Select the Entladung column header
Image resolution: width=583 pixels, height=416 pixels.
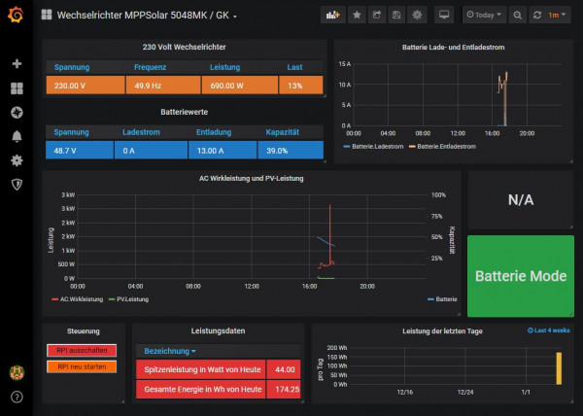215,132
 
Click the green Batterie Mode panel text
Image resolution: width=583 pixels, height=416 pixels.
520,276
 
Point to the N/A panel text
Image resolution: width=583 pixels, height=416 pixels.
521,199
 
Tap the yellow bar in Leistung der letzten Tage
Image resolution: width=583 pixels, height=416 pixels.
559,368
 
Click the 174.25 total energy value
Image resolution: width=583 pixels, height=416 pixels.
285,390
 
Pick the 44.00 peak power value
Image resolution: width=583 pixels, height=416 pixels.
285,369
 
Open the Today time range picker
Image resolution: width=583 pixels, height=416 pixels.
484,16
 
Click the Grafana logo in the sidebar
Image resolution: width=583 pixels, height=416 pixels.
16,16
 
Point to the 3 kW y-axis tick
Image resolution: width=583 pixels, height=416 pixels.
68,195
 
